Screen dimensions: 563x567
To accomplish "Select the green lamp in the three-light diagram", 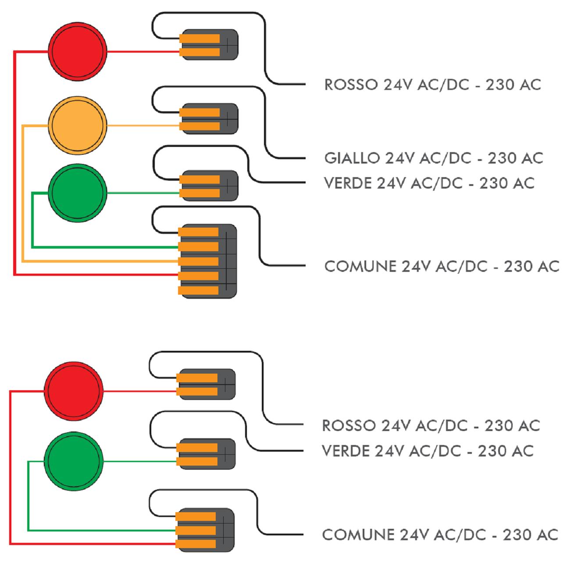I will click(78, 192).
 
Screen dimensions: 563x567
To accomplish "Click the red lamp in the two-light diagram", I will click(74, 390).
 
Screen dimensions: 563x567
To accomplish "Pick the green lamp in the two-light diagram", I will click(74, 461).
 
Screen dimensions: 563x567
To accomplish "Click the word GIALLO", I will click(352, 158).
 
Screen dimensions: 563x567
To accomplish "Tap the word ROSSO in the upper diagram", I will click(350, 85).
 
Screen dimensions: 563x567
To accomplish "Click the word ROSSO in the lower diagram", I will click(349, 425).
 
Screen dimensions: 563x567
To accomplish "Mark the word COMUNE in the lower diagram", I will click(358, 534).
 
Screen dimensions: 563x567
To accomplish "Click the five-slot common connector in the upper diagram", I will click(209, 261).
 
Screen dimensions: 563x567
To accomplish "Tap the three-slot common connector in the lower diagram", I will click(205, 530).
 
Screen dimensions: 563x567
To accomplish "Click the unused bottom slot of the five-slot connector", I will click(199, 290).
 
